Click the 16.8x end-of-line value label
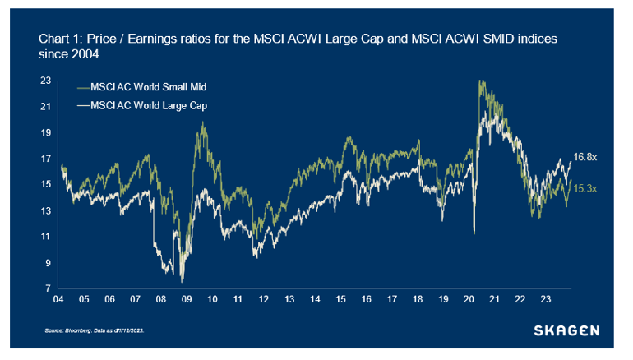(x=584, y=157)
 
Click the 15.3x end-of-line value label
(x=584, y=188)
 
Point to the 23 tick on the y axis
(x=46, y=81)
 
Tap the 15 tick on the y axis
(x=46, y=184)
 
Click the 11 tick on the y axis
(x=46, y=237)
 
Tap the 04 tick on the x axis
(x=58, y=300)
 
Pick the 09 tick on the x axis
(x=187, y=300)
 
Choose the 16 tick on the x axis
(x=367, y=300)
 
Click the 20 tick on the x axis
(x=469, y=300)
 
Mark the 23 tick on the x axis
(x=547, y=300)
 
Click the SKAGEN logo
(x=567, y=331)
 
